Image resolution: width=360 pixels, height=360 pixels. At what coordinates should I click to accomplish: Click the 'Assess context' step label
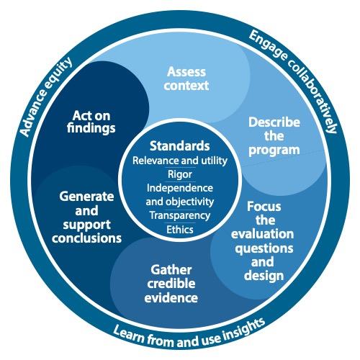pos(186,78)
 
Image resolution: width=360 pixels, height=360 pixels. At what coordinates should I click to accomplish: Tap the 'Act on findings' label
pos(91,122)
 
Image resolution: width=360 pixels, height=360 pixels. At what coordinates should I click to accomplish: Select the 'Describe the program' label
pos(274,137)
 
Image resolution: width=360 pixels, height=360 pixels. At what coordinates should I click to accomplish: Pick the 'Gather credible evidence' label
pos(171,284)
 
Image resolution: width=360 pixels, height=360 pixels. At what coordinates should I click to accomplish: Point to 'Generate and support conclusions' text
pos(86,217)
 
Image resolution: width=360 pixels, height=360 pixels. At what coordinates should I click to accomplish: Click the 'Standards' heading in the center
pos(180,145)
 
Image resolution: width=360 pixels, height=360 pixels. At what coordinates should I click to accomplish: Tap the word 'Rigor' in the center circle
pos(180,175)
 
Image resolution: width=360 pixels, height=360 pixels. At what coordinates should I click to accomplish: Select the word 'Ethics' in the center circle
pos(180,230)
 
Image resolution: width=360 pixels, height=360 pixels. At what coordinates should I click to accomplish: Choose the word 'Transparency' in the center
pos(180,216)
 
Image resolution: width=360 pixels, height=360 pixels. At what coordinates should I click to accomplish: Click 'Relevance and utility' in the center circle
pos(180,161)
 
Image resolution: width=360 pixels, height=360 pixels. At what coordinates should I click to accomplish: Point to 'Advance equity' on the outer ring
pos(45,96)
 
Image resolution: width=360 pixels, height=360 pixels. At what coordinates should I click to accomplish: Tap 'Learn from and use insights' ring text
pos(189,333)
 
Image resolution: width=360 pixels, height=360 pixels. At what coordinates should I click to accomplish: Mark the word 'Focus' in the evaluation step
pos(264,207)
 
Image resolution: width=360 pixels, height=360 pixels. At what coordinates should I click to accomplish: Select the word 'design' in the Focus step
pos(264,276)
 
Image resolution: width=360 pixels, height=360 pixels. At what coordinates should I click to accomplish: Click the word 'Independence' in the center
pos(180,188)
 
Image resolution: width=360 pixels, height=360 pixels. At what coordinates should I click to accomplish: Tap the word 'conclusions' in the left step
pos(86,238)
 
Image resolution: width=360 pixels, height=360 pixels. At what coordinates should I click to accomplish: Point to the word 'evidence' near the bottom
pos(171,298)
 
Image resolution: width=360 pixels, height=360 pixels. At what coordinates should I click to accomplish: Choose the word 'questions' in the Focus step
pos(264,248)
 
